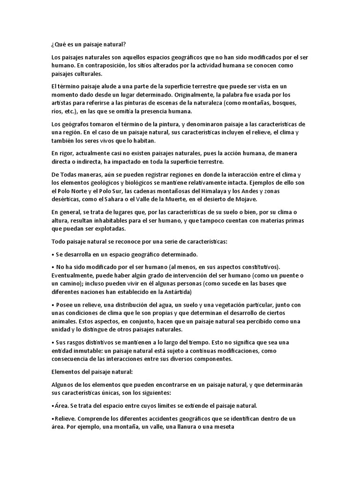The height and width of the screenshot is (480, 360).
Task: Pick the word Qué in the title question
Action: pos(60,44)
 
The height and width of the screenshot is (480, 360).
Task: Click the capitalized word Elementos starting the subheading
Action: pos(66,372)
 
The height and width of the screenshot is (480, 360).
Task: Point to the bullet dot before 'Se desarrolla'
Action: pos(52,255)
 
